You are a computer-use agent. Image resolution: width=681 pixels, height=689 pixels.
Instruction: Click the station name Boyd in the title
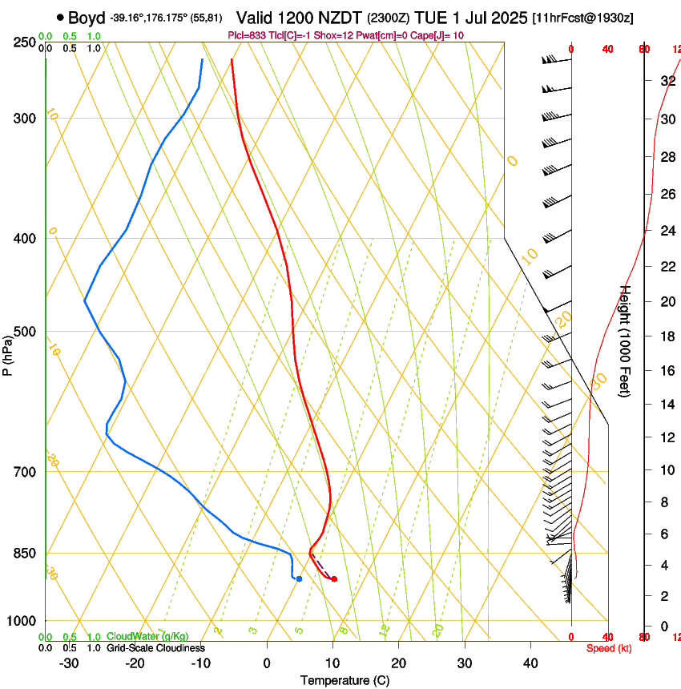pos(87,18)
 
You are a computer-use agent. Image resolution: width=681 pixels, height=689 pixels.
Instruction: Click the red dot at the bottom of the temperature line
pos(334,578)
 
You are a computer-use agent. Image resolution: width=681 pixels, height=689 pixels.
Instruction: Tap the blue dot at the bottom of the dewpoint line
pos(299,578)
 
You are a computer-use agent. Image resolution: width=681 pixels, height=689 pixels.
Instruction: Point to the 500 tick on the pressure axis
pos(25,332)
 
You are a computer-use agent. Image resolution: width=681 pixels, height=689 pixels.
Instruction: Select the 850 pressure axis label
pos(25,553)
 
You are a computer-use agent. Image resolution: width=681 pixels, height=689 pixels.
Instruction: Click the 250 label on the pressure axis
pos(25,42)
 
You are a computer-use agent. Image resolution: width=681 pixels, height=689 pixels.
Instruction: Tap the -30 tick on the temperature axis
pos(69,663)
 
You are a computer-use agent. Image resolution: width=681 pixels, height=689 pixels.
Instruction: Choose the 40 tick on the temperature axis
pos(530,663)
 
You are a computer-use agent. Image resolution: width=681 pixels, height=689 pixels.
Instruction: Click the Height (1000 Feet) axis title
pos(626,341)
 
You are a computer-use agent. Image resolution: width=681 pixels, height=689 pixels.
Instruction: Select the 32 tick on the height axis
pos(666,80)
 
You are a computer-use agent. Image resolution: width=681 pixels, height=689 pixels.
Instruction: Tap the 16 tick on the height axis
pos(666,370)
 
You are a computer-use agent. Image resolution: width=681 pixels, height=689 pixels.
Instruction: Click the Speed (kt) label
pos(609,648)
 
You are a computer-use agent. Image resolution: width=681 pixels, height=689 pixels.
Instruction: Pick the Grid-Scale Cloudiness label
pos(155,648)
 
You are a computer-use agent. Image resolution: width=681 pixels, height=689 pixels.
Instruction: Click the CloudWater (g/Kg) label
pos(148,636)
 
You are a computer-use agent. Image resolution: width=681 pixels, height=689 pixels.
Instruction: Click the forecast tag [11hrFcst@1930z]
pos(582,18)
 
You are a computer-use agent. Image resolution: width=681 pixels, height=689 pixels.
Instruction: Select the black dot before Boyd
pos(61,18)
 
